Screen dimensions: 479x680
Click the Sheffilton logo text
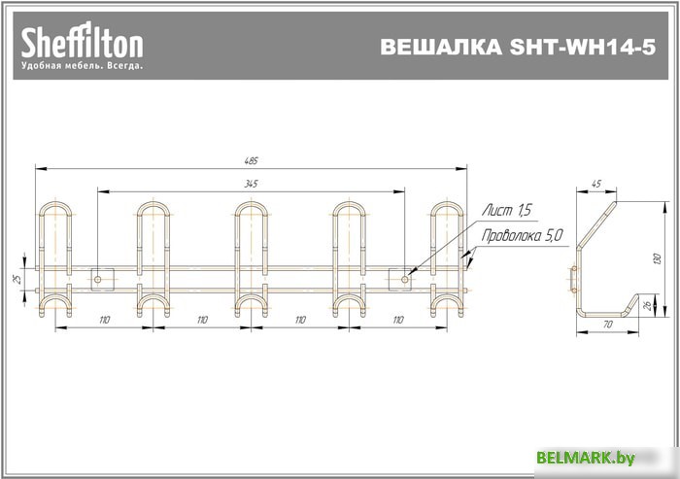click(83, 42)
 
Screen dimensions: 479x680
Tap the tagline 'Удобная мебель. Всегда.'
click(83, 66)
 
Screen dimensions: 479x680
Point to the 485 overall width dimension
click(253, 160)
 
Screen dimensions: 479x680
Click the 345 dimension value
click(252, 183)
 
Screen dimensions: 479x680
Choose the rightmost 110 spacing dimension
click(399, 320)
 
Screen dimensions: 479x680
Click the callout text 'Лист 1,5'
click(508, 210)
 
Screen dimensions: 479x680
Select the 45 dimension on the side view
click(595, 183)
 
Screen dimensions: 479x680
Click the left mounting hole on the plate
click(98, 279)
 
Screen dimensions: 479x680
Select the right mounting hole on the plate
click(406, 279)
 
